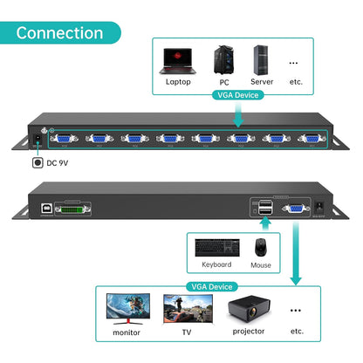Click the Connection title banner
59,33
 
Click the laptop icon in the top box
178,60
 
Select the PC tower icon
223,59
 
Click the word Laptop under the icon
178,83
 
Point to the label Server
263,83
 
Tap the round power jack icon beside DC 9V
38,162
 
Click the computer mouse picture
261,247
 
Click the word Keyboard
217,264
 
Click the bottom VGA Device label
209,286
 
